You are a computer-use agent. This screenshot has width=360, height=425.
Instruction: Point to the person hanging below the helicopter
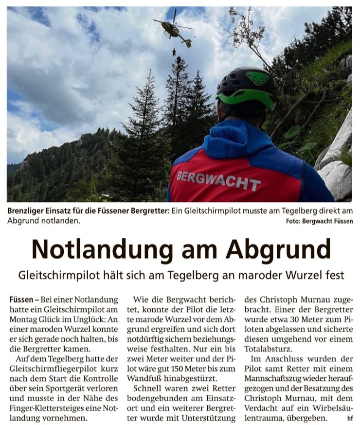(x=174, y=52)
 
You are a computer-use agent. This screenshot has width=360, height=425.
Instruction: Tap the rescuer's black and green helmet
(x=246, y=87)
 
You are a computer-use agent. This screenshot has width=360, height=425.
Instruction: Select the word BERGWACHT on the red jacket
(x=218, y=180)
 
